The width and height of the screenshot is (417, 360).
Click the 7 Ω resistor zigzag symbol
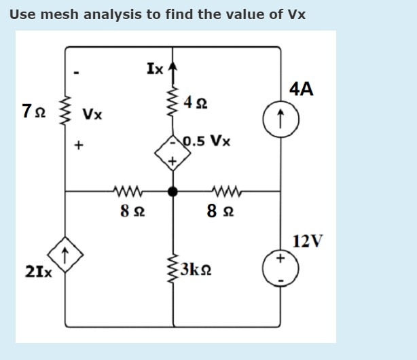click(66, 111)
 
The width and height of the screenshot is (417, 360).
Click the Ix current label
click(154, 68)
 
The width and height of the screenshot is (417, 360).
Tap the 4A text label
click(301, 89)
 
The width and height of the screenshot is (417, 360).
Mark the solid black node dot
click(173, 192)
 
